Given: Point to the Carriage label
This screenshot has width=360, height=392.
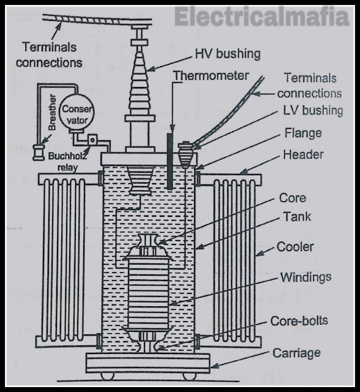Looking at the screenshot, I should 297,353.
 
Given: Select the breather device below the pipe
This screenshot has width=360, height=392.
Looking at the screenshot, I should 40,149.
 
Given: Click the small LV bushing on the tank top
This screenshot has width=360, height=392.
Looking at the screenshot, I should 186,154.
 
